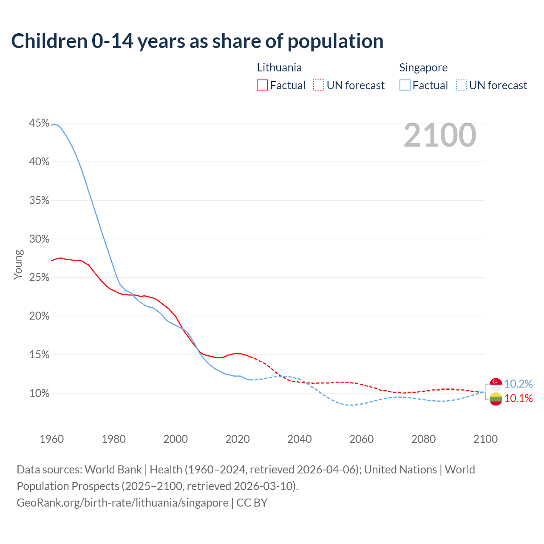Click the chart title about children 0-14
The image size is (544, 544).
click(x=197, y=41)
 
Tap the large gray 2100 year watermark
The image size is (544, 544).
click(x=439, y=135)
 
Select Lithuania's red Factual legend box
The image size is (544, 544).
click(x=262, y=85)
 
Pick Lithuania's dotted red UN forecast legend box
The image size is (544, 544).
click(x=319, y=85)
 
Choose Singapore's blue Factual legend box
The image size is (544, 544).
click(x=405, y=85)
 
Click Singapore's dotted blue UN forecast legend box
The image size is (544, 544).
click(x=461, y=85)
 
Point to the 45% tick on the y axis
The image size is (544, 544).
click(x=39, y=123)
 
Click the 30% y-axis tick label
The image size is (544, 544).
click(x=39, y=239)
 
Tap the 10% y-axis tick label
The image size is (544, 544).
click(x=39, y=394)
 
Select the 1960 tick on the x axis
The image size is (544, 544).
click(x=51, y=439)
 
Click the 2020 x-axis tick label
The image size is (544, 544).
click(x=237, y=439)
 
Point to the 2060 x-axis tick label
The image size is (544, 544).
click(x=361, y=439)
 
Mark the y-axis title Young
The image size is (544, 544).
click(x=18, y=264)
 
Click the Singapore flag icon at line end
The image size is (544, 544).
click(x=496, y=384)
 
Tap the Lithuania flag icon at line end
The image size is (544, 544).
click(x=496, y=399)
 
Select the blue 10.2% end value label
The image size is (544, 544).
click(x=518, y=384)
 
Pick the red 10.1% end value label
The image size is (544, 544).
click(x=518, y=399)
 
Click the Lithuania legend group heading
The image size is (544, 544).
click(x=279, y=68)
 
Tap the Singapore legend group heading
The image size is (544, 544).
click(x=423, y=68)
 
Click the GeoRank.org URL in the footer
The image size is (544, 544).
click(x=122, y=503)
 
